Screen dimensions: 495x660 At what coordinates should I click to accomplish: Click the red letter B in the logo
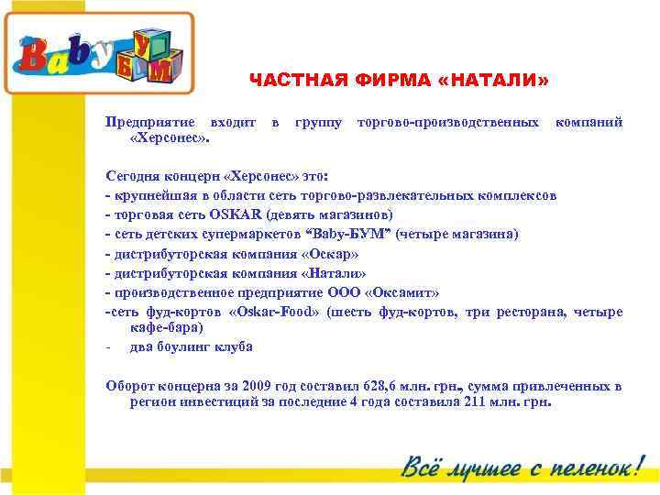[35, 60]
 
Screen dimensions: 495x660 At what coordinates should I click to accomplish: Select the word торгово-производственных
[447, 121]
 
